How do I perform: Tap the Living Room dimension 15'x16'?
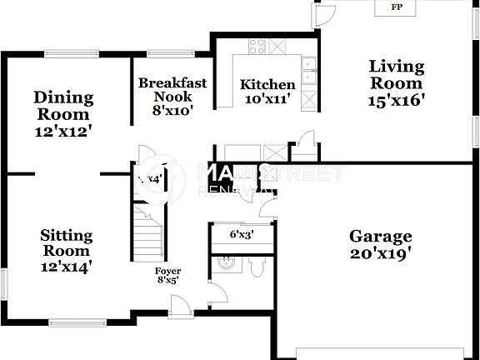397,101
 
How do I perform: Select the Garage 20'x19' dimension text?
380,253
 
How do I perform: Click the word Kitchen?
267,84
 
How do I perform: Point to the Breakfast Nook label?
172,90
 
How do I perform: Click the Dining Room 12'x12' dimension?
63,130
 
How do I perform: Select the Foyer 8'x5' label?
167,277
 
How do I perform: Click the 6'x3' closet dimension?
241,234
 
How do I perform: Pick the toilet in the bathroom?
257,266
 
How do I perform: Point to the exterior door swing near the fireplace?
326,14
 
